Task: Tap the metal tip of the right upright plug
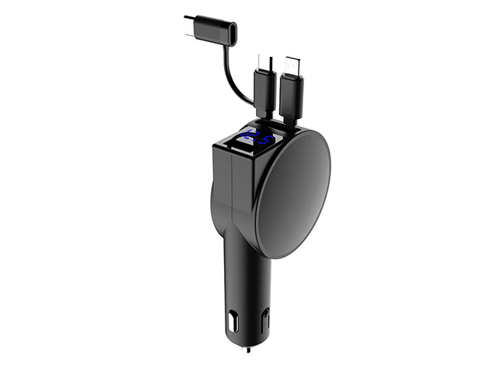point(292,65)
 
